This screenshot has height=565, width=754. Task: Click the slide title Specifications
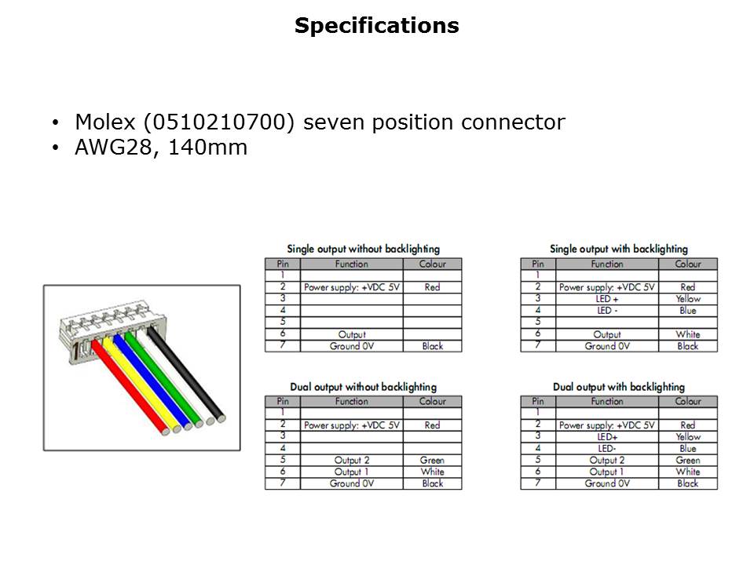[x=376, y=26]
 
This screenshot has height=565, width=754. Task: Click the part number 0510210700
[x=218, y=122]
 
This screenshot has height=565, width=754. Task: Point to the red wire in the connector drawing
[x=130, y=387]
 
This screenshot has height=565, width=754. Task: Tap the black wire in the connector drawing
[x=186, y=374]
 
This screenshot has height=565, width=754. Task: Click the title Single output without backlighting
[x=364, y=249]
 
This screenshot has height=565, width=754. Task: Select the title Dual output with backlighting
[x=619, y=387]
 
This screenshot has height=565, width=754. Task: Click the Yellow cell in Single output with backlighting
[x=688, y=299]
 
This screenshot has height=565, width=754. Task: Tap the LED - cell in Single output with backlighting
[x=607, y=311]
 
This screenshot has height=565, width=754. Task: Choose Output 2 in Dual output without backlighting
[x=352, y=461]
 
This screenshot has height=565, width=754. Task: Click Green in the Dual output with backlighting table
[x=688, y=461]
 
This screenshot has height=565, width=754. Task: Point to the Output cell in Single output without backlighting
[x=352, y=334]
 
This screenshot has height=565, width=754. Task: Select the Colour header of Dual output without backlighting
[x=432, y=402]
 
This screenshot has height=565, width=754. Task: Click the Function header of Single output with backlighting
[x=607, y=264]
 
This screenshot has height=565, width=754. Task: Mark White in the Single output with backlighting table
[x=688, y=334]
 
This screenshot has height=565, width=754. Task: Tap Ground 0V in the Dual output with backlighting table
[x=607, y=483]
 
